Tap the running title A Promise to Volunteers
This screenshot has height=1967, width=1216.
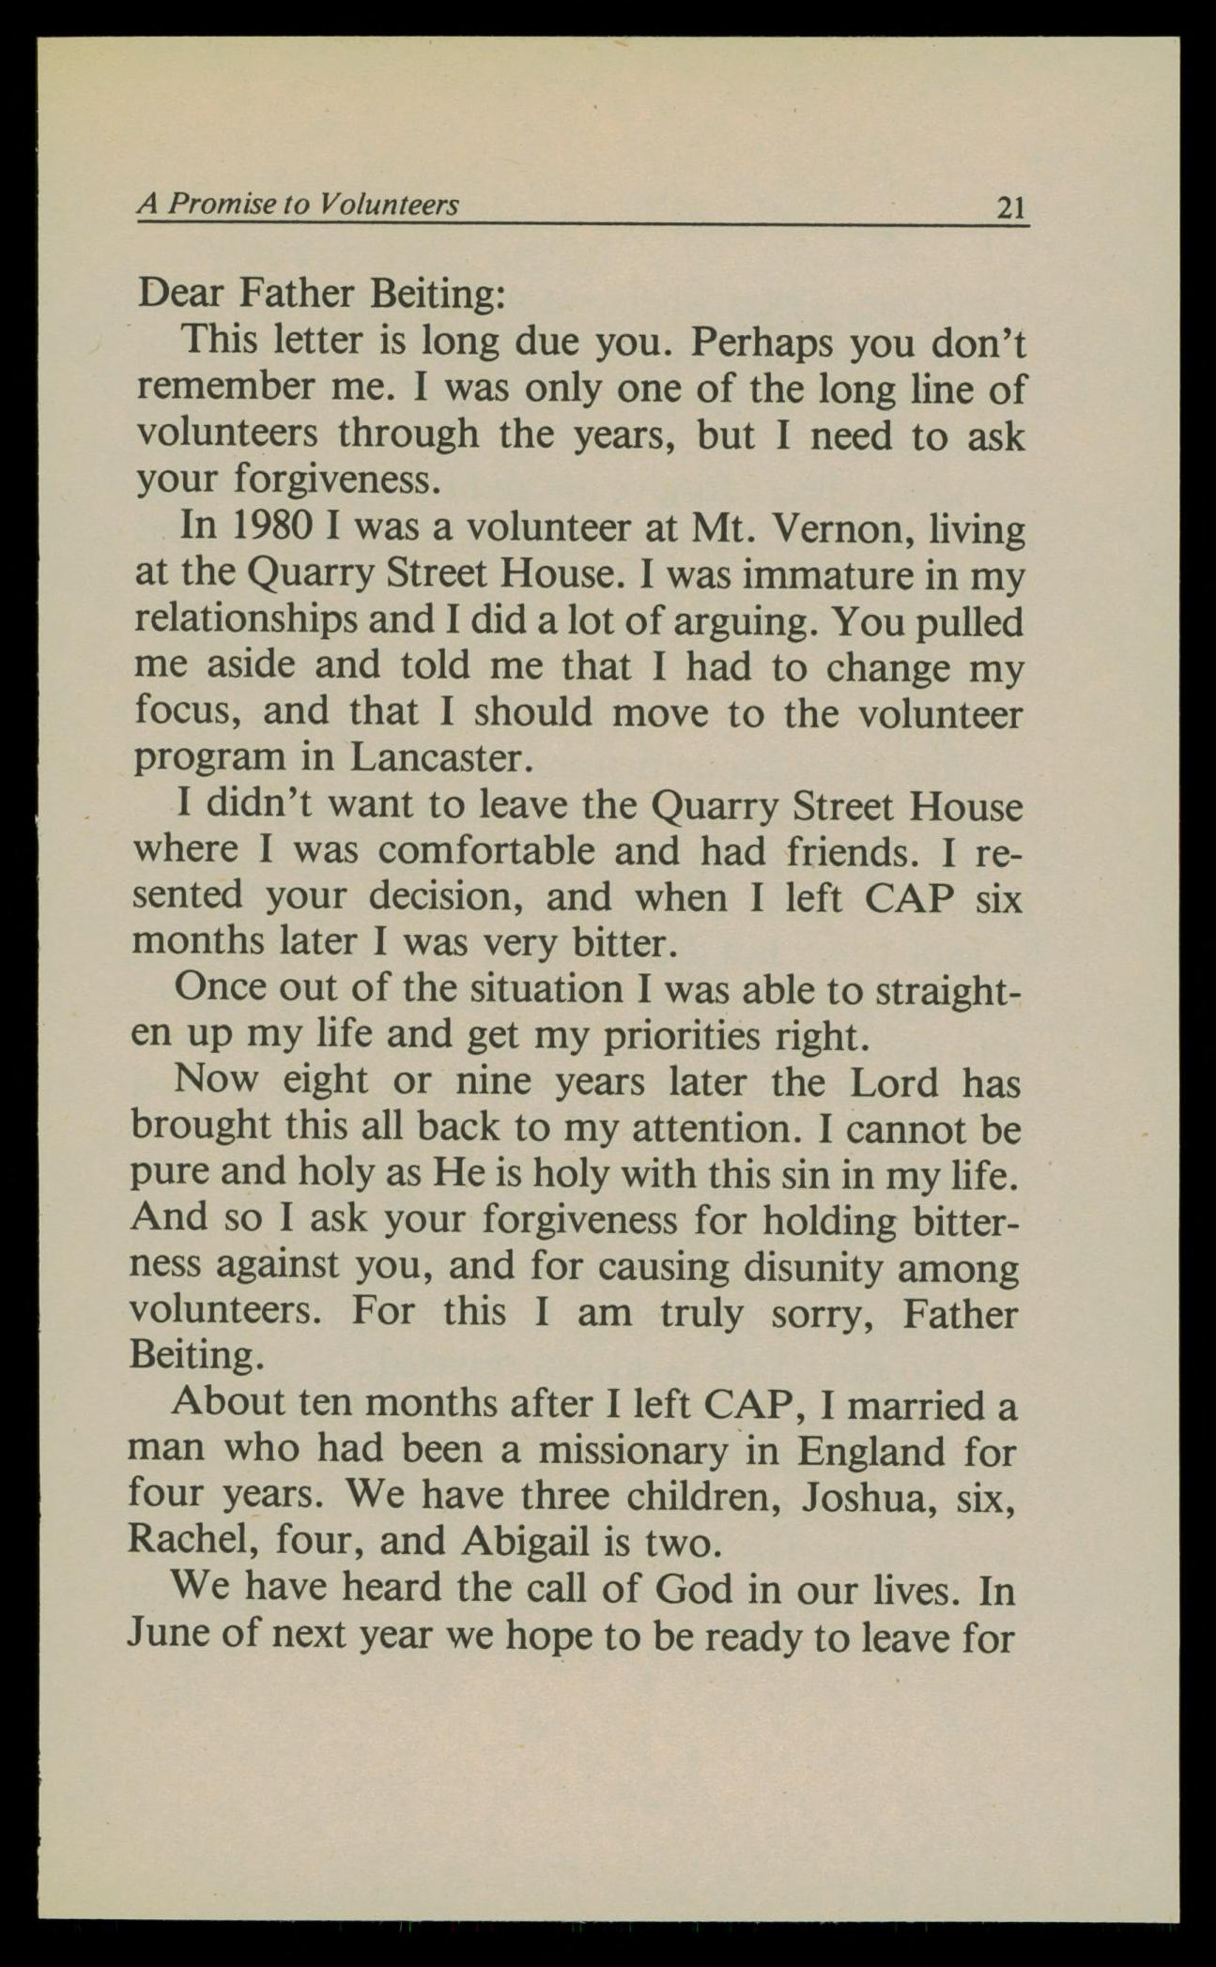[299, 204]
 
